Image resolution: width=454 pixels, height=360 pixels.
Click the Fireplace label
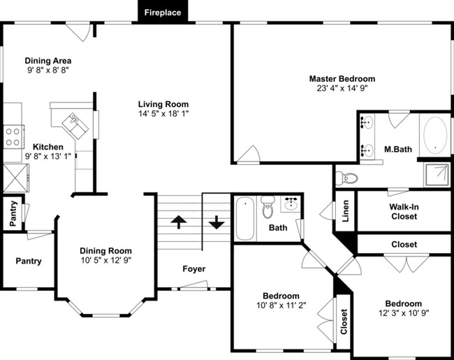[163, 13]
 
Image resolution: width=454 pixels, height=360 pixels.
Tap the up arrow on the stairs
[179, 222]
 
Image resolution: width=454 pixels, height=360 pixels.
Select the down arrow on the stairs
[217, 222]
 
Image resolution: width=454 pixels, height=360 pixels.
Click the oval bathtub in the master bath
[435, 136]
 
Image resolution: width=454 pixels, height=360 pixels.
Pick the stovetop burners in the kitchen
[13, 136]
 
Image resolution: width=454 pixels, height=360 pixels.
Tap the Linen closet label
[346, 211]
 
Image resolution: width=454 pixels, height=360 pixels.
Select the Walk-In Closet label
[404, 212]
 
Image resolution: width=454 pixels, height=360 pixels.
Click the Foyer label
[194, 268]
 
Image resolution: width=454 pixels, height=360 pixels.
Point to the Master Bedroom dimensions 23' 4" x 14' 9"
[342, 88]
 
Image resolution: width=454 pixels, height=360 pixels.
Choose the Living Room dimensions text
[163, 114]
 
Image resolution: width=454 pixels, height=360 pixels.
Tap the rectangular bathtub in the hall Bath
[245, 218]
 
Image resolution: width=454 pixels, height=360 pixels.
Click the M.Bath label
[398, 150]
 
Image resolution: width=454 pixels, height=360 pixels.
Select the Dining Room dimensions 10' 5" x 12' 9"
[106, 260]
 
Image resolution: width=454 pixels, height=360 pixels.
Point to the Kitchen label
[48, 147]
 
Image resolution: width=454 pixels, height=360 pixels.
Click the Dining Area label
[48, 61]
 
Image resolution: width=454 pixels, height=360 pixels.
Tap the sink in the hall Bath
[291, 204]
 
